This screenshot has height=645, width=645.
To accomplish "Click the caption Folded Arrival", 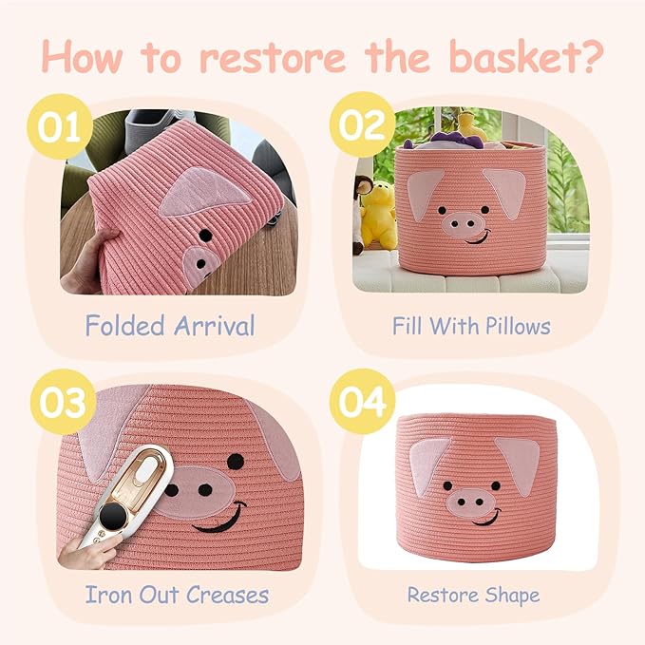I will coord(170,327).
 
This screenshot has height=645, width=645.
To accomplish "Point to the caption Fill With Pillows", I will coord(471,326).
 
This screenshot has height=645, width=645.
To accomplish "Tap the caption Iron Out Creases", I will coord(177,596).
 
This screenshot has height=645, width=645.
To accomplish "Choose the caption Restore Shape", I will coord(473,596).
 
